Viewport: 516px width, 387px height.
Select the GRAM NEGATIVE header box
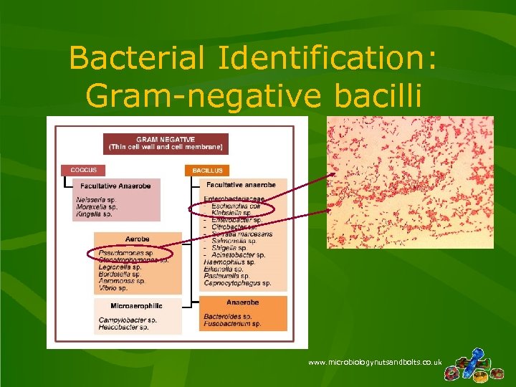pyautogui.click(x=166, y=143)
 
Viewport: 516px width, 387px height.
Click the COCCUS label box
pyautogui.click(x=83, y=171)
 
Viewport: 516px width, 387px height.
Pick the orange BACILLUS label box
pyautogui.click(x=207, y=171)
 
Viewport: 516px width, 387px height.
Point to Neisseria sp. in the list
pyautogui.click(x=96, y=200)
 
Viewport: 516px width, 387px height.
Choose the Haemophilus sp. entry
pyautogui.click(x=227, y=262)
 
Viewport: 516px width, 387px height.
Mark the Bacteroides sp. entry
pyautogui.click(x=228, y=316)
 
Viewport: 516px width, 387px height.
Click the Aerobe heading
pyautogui.click(x=136, y=239)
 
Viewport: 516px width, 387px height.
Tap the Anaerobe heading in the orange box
pyautogui.click(x=242, y=303)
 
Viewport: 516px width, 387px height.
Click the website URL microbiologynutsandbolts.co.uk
pyautogui.click(x=375, y=363)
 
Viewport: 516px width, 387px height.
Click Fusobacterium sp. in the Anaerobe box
pyautogui.click(x=232, y=323)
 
